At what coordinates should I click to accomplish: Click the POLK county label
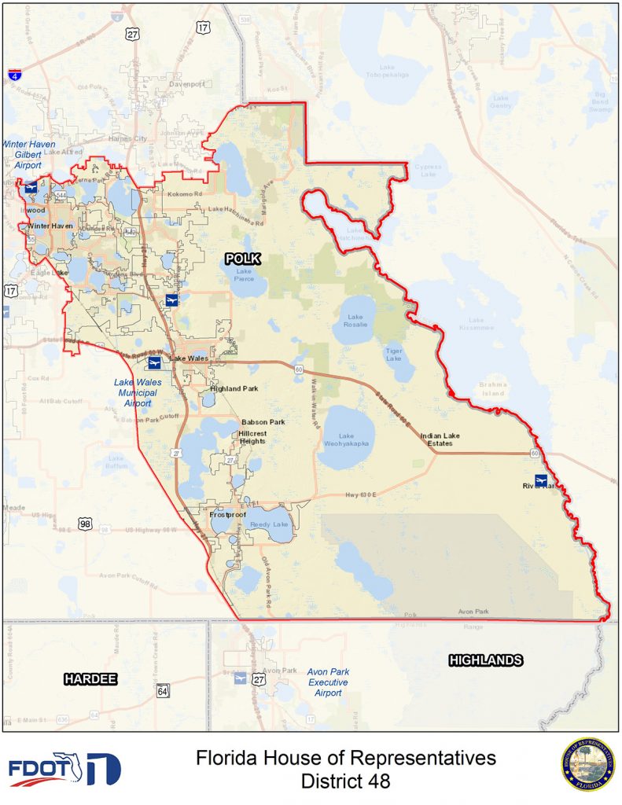pyautogui.click(x=242, y=258)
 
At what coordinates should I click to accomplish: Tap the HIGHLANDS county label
pyautogui.click(x=485, y=660)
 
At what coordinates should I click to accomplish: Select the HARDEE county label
pyautogui.click(x=90, y=678)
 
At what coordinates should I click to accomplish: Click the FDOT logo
pyautogui.click(x=64, y=769)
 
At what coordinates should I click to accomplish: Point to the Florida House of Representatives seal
pyautogui.click(x=587, y=763)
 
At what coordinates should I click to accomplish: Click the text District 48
pyautogui.click(x=345, y=782)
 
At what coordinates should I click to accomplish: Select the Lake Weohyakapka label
pyautogui.click(x=346, y=440)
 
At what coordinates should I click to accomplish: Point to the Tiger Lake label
pyautogui.click(x=394, y=355)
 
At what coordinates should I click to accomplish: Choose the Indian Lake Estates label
pyautogui.click(x=440, y=439)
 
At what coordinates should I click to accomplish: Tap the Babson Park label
pyautogui.click(x=263, y=422)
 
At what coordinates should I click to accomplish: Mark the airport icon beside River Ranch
pyautogui.click(x=540, y=480)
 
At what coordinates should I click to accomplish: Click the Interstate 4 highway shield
pyautogui.click(x=15, y=75)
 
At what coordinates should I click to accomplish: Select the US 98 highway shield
pyautogui.click(x=86, y=524)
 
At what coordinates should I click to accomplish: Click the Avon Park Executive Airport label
pyautogui.click(x=328, y=682)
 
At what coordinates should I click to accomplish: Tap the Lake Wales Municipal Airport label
pyautogui.click(x=137, y=392)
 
